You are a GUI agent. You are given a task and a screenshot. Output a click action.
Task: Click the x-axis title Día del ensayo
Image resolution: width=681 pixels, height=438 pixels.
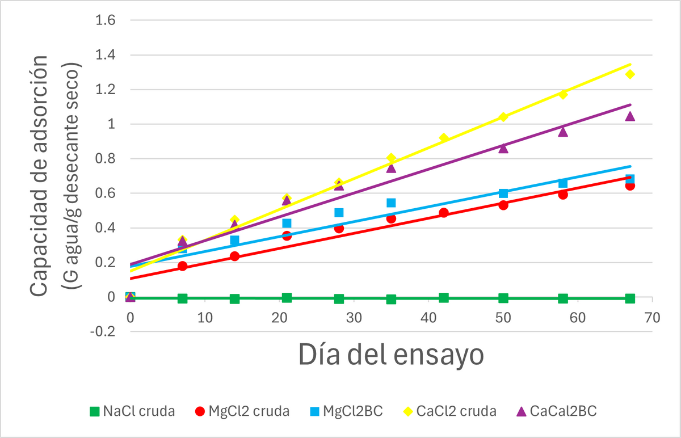click(390, 355)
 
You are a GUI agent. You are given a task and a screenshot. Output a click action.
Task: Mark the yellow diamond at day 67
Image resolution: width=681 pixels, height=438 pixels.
click(630, 74)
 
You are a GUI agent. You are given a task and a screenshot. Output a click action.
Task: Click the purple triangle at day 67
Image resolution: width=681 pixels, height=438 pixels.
click(630, 116)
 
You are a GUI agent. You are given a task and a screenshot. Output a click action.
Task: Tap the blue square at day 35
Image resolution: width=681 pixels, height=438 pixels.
click(391, 203)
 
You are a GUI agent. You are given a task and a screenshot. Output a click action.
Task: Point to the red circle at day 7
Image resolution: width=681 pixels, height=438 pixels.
click(182, 266)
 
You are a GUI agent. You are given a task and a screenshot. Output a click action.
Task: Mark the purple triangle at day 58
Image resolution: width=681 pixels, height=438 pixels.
click(563, 132)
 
